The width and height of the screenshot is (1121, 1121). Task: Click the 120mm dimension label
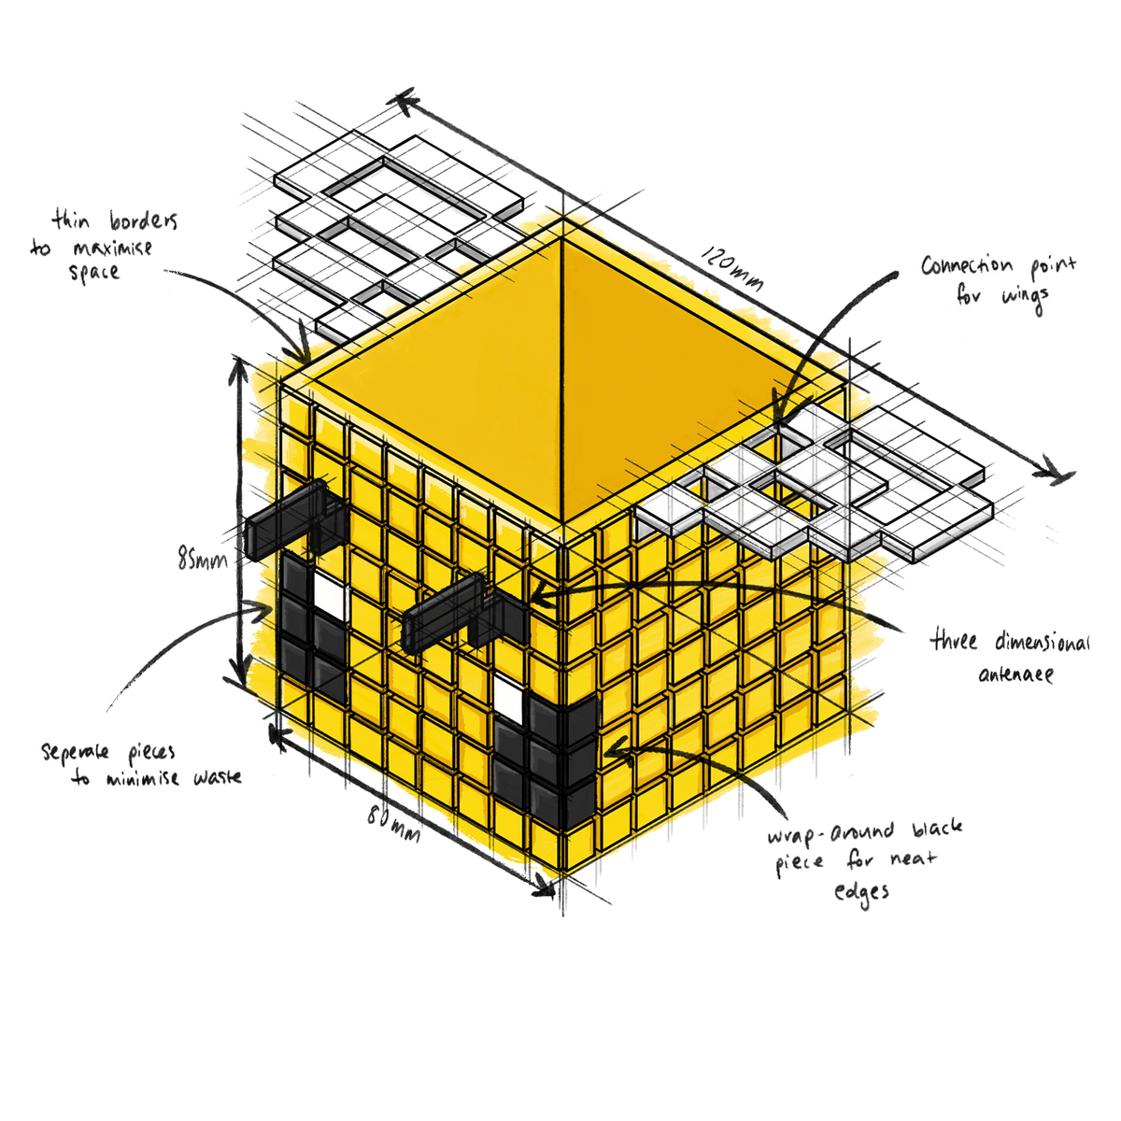pyautogui.click(x=731, y=267)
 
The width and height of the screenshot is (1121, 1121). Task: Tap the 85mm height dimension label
pyautogui.click(x=203, y=560)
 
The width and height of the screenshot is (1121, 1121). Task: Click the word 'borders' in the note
pyautogui.click(x=144, y=220)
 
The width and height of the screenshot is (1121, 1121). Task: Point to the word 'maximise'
pyautogui.click(x=112, y=248)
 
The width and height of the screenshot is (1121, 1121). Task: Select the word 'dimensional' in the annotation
pyautogui.click(x=1042, y=642)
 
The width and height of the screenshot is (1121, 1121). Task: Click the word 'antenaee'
pyautogui.click(x=1015, y=674)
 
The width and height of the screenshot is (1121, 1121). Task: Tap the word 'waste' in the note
pyautogui.click(x=218, y=777)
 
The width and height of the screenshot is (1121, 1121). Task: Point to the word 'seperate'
pyautogui.click(x=75, y=751)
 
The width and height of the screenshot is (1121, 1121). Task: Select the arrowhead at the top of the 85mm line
pyautogui.click(x=238, y=370)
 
